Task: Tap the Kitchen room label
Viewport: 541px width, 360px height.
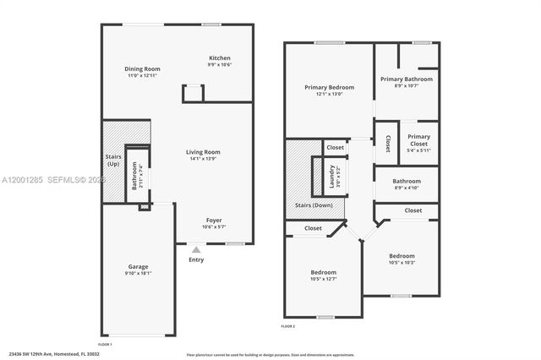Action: pos(219,58)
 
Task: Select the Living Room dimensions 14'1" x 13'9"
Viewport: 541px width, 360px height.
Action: pos(203,159)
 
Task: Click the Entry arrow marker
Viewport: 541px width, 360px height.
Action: pos(195,249)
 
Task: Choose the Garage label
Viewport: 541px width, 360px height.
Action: pos(138,265)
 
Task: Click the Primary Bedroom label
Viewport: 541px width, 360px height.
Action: pos(329,87)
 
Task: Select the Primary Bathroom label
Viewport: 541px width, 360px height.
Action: pos(406,79)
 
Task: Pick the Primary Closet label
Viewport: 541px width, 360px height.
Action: pos(418,137)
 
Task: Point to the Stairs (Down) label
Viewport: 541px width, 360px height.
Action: pos(313,205)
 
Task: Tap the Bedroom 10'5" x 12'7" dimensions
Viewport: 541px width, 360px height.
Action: pos(324,279)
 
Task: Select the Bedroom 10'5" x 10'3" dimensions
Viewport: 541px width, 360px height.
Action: pos(402,262)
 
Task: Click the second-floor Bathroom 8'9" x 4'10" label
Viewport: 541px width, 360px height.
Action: pos(407,180)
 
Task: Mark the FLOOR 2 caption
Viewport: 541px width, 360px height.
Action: pos(287,325)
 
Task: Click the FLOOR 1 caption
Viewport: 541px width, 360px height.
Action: pos(105,345)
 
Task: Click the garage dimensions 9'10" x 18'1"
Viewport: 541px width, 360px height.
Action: pos(138,272)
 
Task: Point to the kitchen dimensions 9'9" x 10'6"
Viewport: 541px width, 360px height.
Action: pos(219,65)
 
